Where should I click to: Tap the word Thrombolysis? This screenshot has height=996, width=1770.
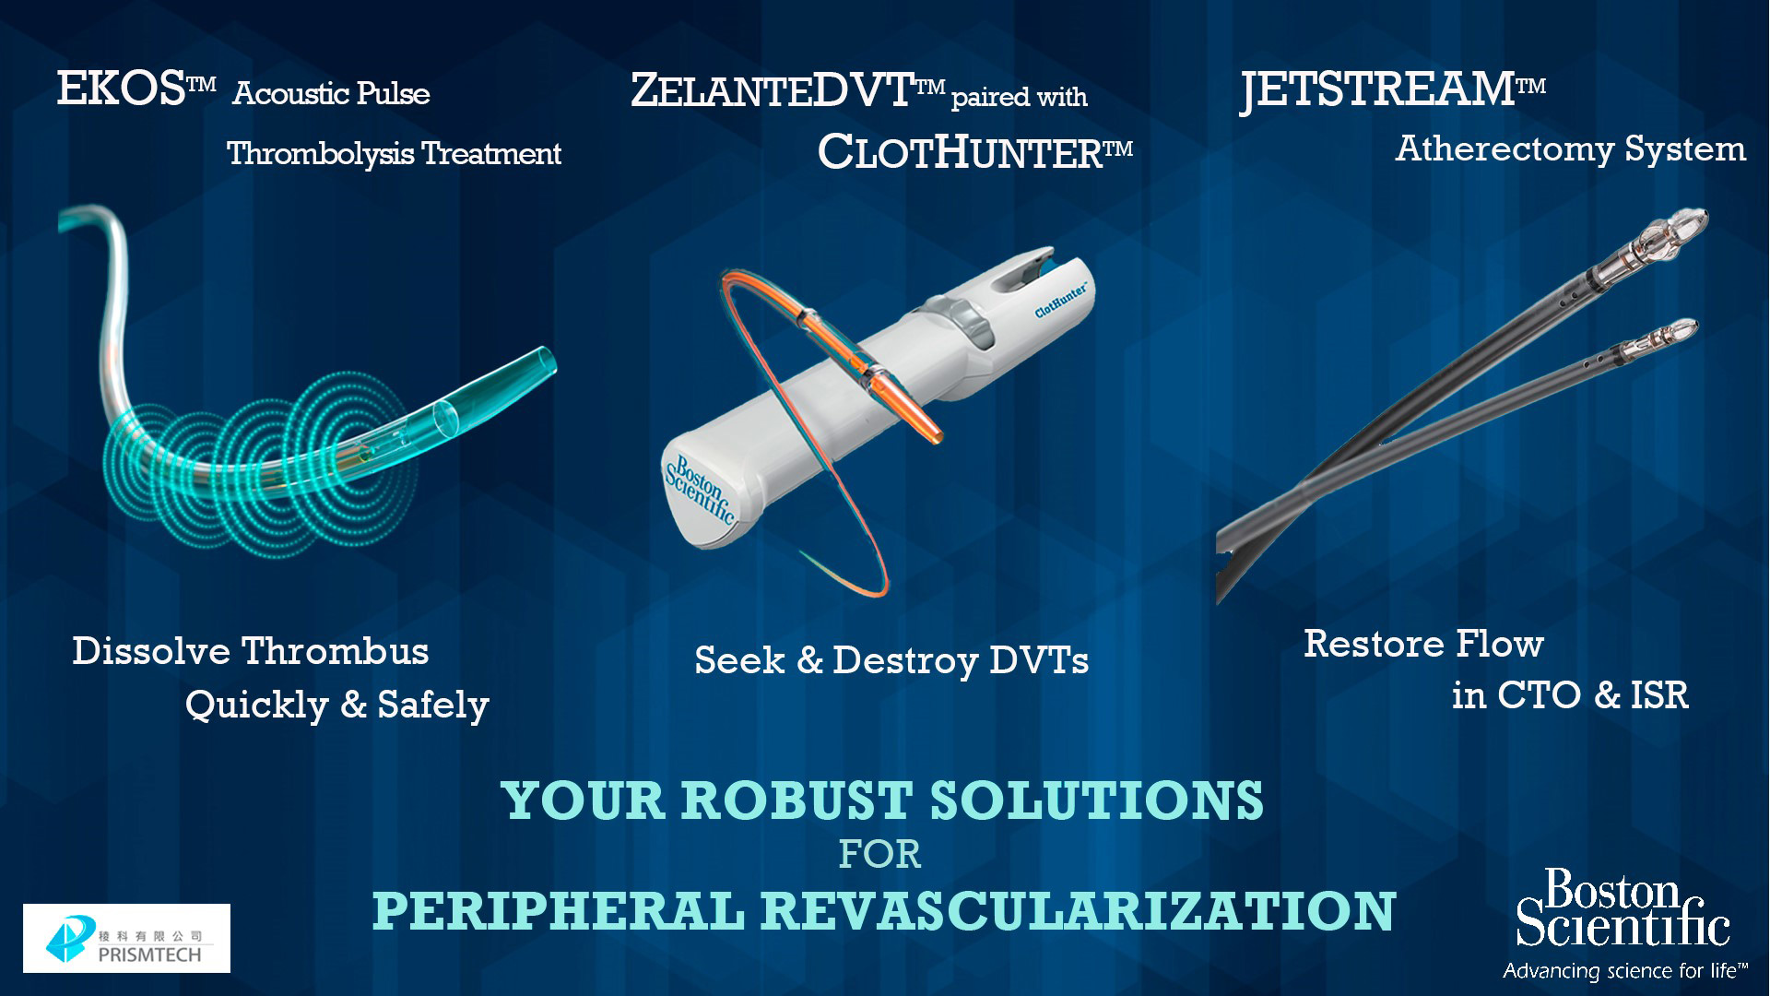pos(320,153)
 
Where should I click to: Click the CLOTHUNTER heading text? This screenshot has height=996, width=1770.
pos(974,150)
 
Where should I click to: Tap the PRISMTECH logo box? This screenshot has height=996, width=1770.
pos(126,938)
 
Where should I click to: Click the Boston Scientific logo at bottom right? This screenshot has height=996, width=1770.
pos(1623,908)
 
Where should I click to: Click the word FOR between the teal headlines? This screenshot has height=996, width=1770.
pos(879,855)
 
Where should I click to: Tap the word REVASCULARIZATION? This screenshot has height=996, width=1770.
pos(1078,910)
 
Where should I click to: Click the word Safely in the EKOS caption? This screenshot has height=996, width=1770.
pos(432,705)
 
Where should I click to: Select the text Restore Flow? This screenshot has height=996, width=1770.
pos(1423,644)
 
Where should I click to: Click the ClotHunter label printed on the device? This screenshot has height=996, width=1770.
pos(1061,300)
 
